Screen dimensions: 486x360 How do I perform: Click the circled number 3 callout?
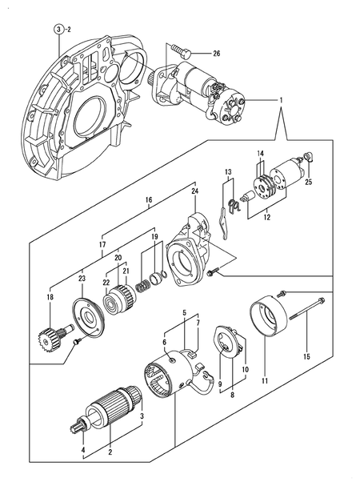pos(58,29)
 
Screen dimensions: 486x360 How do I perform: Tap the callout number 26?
pos(216,54)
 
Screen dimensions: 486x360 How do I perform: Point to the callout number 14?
pos(260,154)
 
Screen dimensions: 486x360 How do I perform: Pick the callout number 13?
pos(227,172)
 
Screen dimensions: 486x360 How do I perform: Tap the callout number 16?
pos(149,199)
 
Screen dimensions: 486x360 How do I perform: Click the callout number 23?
pos(82,279)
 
